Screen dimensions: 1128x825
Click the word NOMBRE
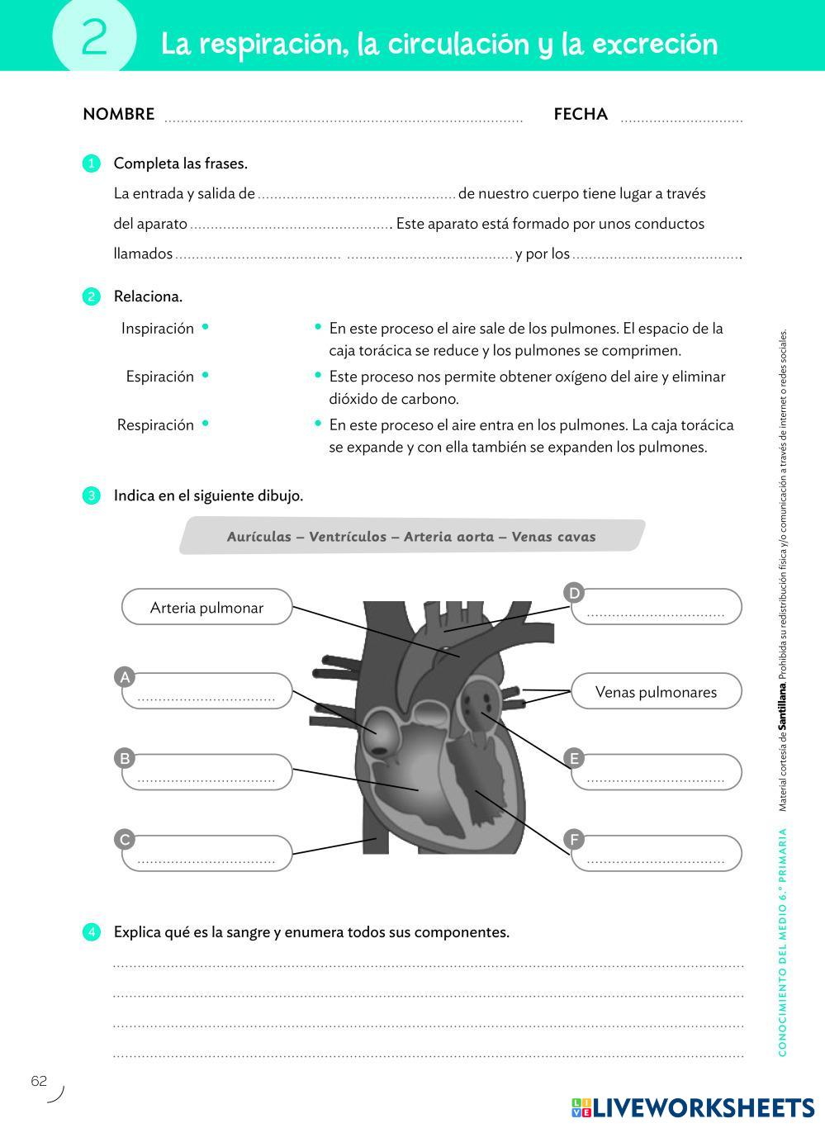pos(118,115)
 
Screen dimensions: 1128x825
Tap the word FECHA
pos(581,115)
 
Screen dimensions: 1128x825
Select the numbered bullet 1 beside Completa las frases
pos(91,164)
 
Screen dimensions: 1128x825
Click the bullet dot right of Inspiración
pos(206,327)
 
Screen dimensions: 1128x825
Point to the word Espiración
pos(159,377)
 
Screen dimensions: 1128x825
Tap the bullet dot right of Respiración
pos(206,424)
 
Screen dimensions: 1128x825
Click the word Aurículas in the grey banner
pos(258,537)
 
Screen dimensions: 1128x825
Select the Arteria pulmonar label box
pos(206,608)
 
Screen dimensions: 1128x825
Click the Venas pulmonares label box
pos(656,692)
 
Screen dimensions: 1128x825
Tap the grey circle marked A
pos(125,677)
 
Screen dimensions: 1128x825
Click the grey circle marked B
pos(125,758)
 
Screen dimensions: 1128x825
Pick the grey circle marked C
pos(125,840)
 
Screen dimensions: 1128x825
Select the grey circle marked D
pos(574,592)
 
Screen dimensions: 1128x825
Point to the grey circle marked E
pos(574,758)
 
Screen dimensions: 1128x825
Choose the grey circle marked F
pos(574,840)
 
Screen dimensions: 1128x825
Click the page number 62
pos(39,1081)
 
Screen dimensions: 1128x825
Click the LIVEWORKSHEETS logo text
pos(704,1107)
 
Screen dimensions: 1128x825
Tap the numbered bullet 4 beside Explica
pos(91,932)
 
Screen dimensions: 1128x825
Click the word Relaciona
pos(148,296)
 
